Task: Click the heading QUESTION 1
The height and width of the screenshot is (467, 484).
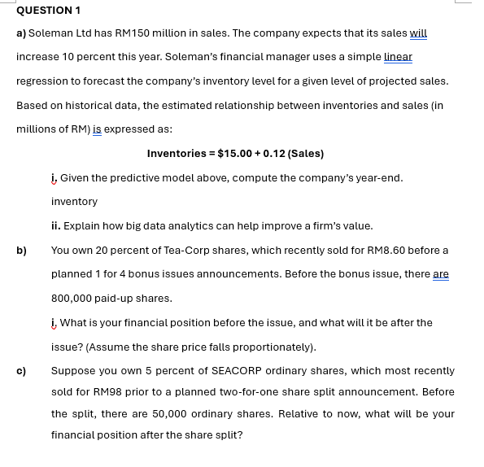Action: pyautogui.click(x=48, y=10)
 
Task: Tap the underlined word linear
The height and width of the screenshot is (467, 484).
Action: pyautogui.click(x=398, y=57)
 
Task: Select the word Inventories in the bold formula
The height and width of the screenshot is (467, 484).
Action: pyautogui.click(x=177, y=154)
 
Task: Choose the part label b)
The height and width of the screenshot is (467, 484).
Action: pyautogui.click(x=22, y=250)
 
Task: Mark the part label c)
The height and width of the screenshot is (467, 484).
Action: pyautogui.click(x=22, y=371)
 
